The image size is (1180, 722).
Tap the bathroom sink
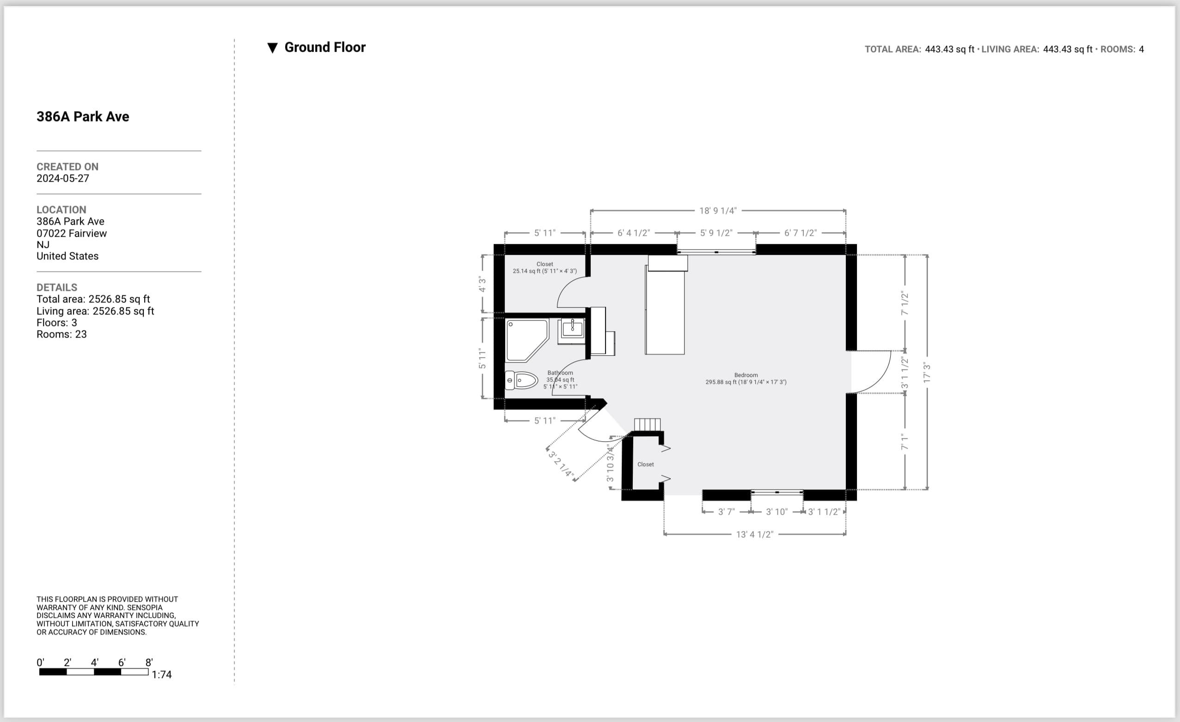coord(572,329)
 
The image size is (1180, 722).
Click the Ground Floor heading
coord(324,48)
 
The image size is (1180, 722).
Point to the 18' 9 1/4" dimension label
coord(718,211)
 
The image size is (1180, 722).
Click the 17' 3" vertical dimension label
coord(927,372)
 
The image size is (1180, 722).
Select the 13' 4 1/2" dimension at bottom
coord(754,534)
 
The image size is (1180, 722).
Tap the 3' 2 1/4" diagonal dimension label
coord(560,464)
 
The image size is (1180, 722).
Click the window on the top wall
coord(716,252)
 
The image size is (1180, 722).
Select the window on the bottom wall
coord(777,492)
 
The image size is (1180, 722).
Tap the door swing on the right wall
coord(873,372)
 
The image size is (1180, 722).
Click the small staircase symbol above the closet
coord(647,425)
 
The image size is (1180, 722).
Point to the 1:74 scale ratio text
coord(161,674)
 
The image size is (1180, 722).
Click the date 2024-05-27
coord(63,178)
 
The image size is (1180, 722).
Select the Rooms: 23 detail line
coord(62,334)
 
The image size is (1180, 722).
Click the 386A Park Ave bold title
coord(83,117)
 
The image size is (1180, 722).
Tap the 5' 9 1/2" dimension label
coord(716,233)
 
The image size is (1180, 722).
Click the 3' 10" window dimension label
coord(776,512)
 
